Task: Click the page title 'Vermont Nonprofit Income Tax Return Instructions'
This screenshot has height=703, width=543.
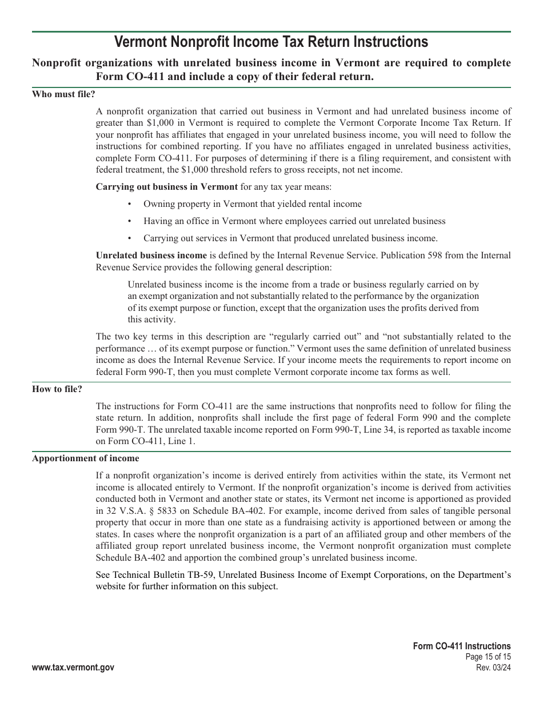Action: click(x=271, y=42)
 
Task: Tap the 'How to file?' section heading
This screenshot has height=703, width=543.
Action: click(x=57, y=389)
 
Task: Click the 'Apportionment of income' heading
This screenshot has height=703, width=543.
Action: click(x=85, y=458)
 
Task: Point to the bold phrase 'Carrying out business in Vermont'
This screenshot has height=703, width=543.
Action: click(x=166, y=186)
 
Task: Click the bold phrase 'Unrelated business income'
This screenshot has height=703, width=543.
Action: click(x=151, y=255)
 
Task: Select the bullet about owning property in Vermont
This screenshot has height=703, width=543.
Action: click(x=252, y=203)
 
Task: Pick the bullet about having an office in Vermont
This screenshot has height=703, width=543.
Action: click(x=294, y=221)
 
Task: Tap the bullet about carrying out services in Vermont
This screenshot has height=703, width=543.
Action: click(x=290, y=238)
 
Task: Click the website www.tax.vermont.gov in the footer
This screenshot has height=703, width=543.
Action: click(x=73, y=668)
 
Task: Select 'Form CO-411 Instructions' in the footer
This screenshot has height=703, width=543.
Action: click(x=462, y=646)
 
